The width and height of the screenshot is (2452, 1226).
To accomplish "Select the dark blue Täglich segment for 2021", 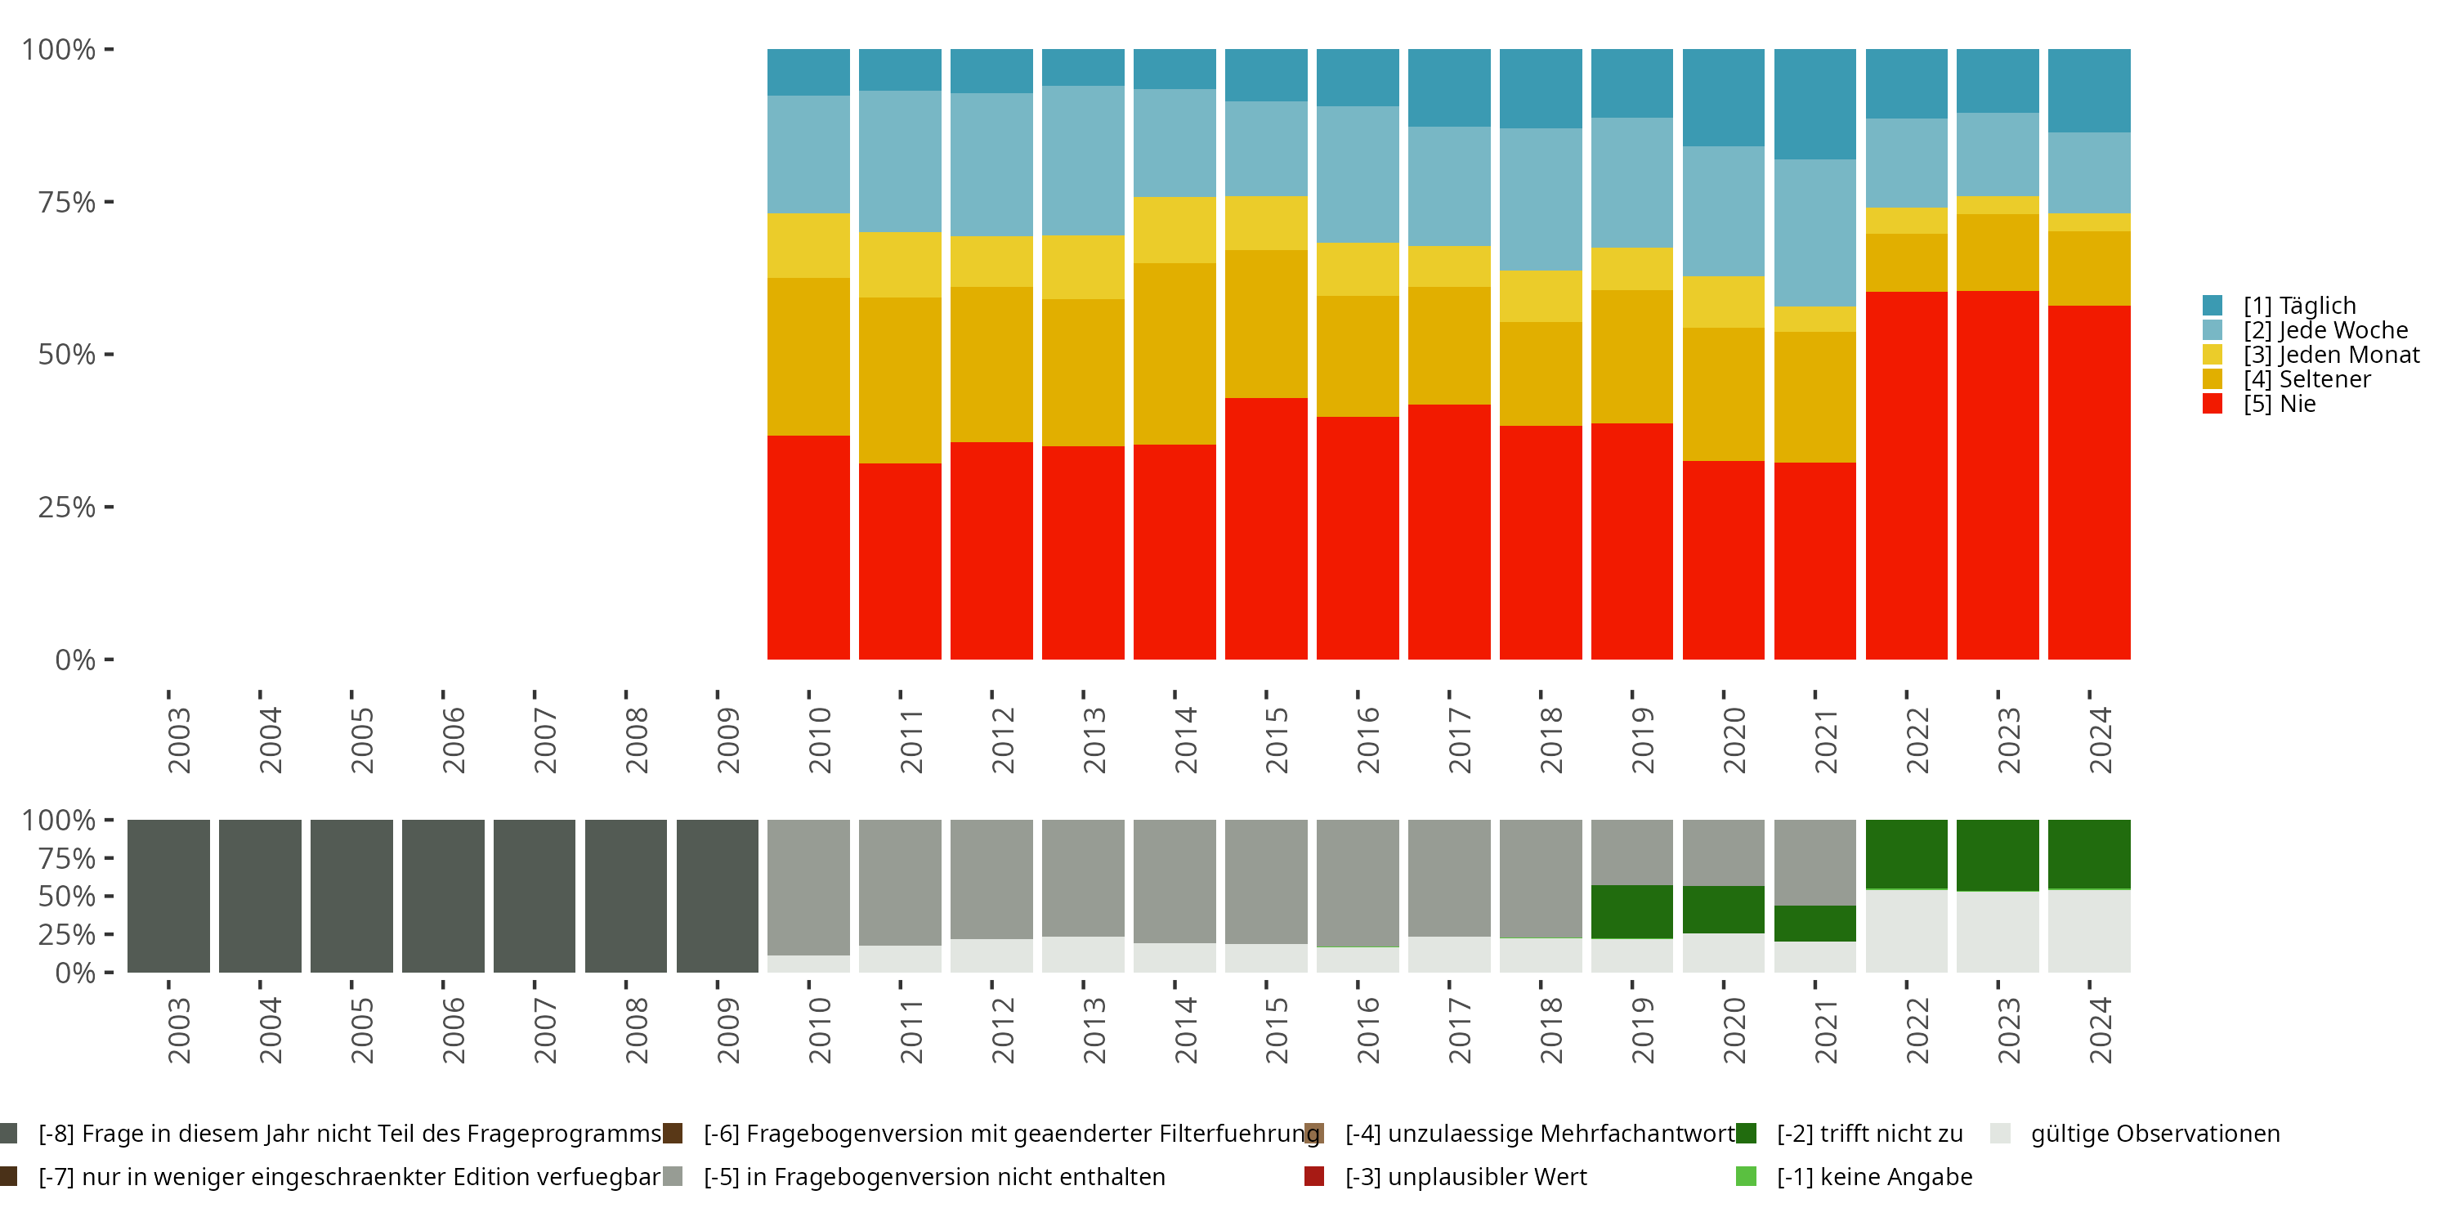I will [x=1814, y=104].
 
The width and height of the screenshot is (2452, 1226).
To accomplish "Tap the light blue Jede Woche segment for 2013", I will [x=1082, y=160].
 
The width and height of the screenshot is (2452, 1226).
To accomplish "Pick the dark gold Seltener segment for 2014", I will [x=1174, y=353].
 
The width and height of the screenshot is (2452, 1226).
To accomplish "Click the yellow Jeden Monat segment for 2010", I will [x=808, y=244].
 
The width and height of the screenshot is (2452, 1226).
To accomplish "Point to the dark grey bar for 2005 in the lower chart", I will [x=351, y=895].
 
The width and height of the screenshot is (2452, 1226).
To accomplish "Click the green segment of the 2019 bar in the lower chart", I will [x=1631, y=911].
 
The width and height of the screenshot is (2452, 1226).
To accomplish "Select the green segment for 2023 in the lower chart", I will [x=1997, y=854].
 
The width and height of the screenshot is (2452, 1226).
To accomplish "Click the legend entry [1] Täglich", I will [x=2298, y=306].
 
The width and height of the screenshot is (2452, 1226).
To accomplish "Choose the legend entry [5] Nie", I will [x=2279, y=404].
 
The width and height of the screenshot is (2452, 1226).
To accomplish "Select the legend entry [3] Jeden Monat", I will [x=2330, y=355].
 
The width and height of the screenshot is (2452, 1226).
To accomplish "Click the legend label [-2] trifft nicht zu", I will [x=1869, y=1134].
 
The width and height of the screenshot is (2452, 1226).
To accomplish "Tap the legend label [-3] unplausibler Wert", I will [x=1465, y=1176].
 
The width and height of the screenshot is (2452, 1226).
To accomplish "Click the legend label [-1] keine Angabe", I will [x=1874, y=1176].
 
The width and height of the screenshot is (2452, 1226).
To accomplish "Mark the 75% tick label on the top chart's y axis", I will [x=67, y=202].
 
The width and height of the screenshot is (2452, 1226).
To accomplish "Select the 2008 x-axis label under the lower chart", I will [x=636, y=1030].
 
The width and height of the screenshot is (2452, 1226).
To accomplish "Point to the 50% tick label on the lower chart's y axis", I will [x=67, y=896].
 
